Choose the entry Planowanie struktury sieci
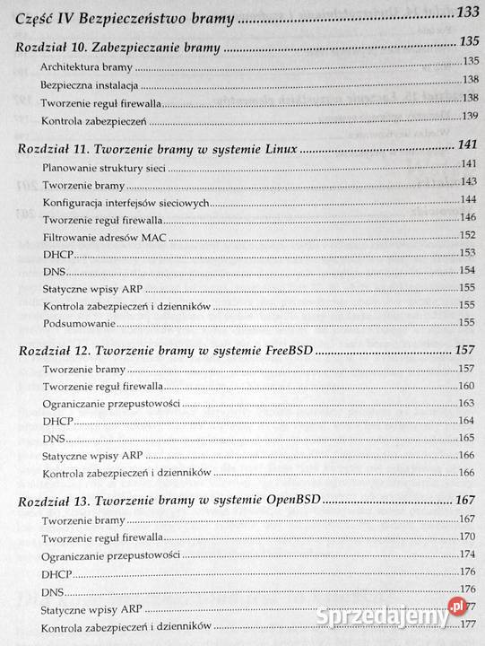100,167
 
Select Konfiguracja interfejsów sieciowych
126,203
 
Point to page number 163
466,405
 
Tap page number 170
466,537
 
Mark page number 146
466,218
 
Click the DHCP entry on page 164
56,422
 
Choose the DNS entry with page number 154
52,271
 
